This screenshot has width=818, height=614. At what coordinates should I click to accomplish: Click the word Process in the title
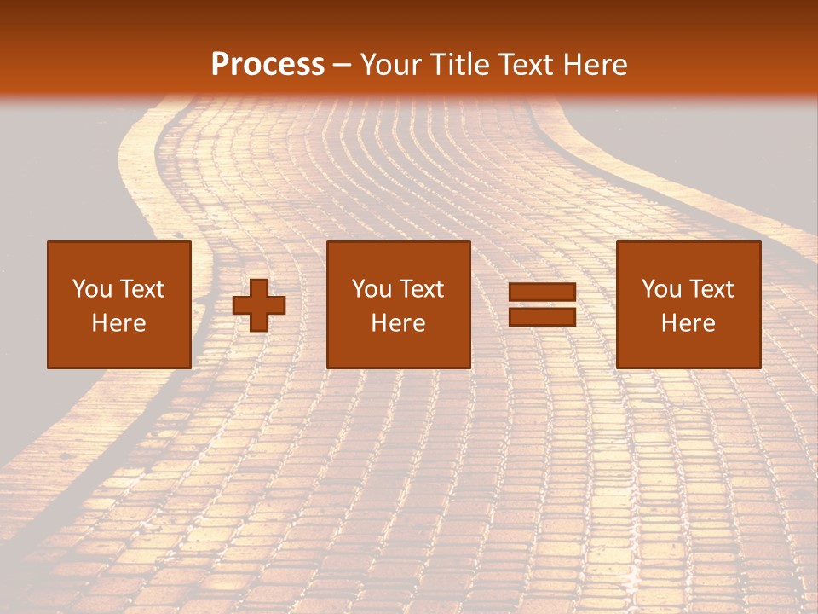pos(268,65)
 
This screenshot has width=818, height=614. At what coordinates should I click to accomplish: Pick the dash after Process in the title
pos(342,66)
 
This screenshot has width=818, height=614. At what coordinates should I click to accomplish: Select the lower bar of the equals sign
pos(542,316)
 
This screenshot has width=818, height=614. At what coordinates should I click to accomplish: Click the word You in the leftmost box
pos(92,289)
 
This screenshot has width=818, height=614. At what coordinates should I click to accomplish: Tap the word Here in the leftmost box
pos(118,323)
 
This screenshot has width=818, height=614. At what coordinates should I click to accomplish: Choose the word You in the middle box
pos(372,289)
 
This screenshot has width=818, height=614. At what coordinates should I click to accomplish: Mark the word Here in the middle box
pos(398,323)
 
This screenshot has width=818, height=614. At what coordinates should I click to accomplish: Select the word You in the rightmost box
pos(661,289)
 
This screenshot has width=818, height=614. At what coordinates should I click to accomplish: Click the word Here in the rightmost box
pos(688,323)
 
